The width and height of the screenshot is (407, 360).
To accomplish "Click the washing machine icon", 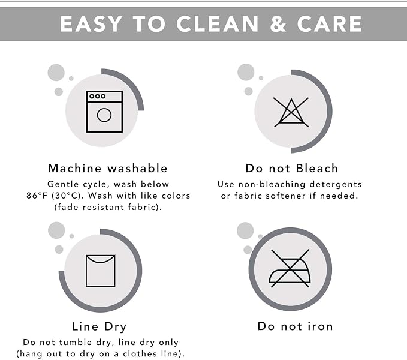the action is (104, 112).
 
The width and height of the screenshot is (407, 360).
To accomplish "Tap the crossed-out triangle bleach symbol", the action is (291, 112).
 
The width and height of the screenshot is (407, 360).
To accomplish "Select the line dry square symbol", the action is (101, 271).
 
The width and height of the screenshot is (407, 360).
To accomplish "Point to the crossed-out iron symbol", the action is (290, 268).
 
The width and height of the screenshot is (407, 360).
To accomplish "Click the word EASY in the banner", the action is (91, 24).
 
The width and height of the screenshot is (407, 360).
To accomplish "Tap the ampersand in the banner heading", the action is (278, 24).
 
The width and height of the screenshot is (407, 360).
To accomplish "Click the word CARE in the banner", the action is (330, 24).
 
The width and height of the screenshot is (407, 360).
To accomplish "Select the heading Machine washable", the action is (108, 169).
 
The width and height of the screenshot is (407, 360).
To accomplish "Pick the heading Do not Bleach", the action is (292, 169).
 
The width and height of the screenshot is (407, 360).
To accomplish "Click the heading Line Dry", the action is (99, 327).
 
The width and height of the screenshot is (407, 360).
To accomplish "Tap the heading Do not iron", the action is (295, 326).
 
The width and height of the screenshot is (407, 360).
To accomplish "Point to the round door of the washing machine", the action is (104, 115).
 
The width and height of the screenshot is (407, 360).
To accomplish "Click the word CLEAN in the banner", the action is (218, 24).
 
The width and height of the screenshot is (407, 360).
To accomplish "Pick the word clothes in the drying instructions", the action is (143, 354).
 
